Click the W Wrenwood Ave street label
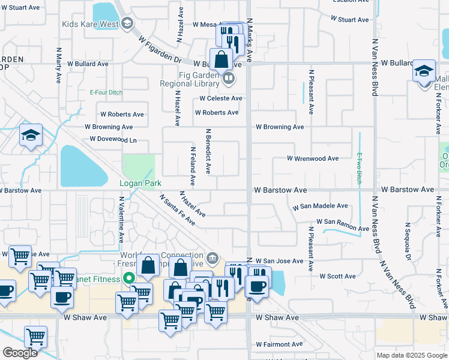312,159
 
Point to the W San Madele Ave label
320,206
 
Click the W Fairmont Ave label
281,345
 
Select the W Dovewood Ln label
113,139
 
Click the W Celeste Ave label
221,98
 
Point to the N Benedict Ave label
208,151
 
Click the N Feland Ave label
193,166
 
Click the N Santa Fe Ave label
177,209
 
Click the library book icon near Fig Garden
228,78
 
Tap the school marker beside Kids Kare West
126,24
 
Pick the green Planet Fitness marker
127,278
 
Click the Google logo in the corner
19,352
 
